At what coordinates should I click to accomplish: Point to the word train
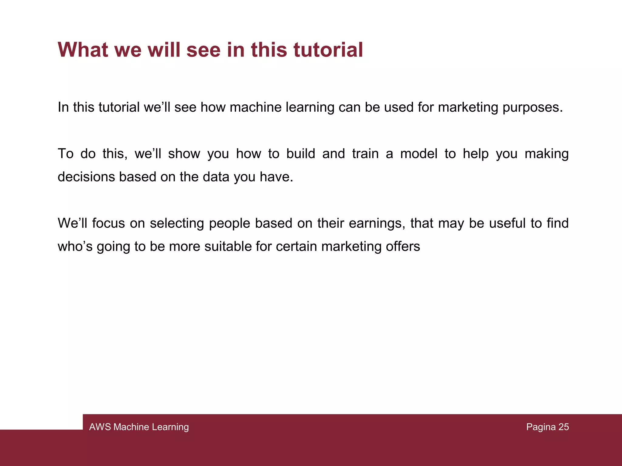click(365, 154)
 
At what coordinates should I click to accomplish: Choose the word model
click(419, 154)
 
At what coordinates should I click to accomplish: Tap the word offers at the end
click(403, 247)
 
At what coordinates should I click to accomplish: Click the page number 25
click(563, 427)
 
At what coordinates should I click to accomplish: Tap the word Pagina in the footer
click(541, 427)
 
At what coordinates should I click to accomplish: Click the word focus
click(108, 224)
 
